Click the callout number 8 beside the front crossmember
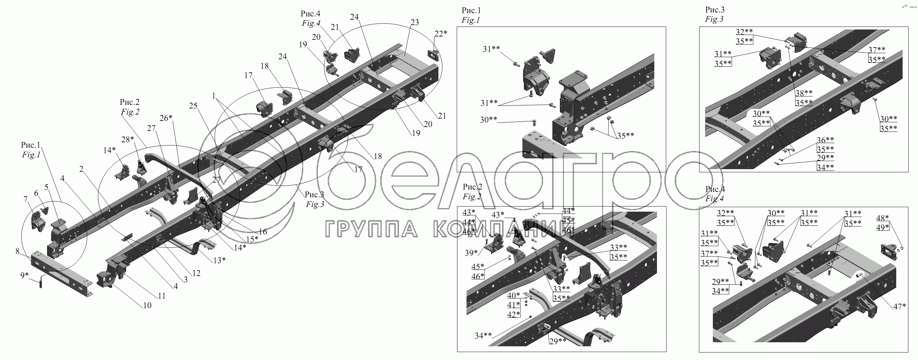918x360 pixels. (17, 251)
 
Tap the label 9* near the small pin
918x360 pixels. (24, 275)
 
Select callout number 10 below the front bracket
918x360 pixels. (147, 305)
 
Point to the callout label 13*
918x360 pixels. (220, 260)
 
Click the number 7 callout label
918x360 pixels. (26, 199)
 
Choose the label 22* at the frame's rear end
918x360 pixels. (440, 33)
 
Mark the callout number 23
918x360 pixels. (414, 22)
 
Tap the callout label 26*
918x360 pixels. (166, 118)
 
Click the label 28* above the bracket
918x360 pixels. (127, 139)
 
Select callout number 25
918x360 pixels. (193, 106)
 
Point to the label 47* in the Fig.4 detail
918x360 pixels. (900, 306)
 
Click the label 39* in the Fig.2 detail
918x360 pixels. (471, 253)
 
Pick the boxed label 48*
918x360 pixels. (883, 218)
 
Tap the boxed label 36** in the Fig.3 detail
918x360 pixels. (825, 140)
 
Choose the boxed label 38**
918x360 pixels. (804, 93)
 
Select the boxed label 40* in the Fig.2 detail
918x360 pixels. (513, 295)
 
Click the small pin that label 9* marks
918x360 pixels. (40, 284)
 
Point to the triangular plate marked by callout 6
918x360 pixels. (45, 210)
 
